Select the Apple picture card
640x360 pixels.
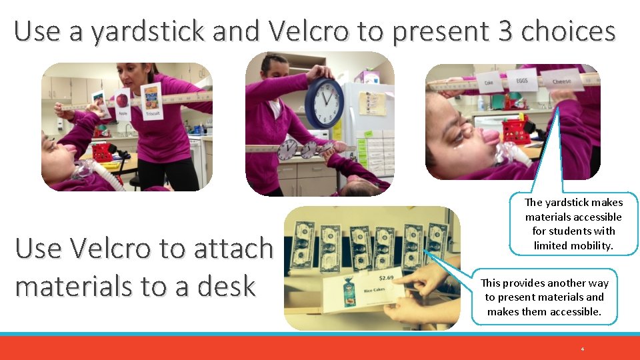122,103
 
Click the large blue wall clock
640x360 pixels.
325,103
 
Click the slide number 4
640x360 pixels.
582,349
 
